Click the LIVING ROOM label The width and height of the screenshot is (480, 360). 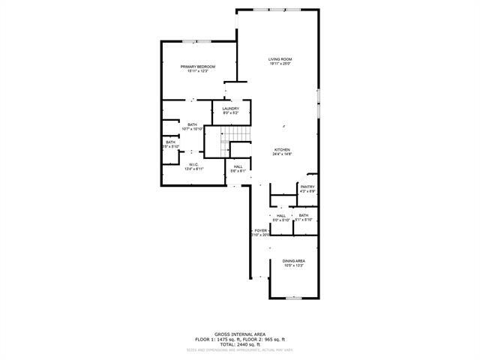point(280,59)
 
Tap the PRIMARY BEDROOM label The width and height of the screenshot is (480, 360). point(198,67)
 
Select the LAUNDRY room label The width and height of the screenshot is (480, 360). point(230,109)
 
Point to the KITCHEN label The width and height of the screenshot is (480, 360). point(282,149)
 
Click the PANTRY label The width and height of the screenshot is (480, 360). point(307,187)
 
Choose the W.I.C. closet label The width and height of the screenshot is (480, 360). point(193,165)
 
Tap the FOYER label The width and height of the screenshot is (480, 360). point(260,230)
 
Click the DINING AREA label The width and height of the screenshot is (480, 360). point(293,261)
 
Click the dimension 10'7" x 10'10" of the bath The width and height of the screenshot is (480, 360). point(193,129)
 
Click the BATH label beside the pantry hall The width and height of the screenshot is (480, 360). point(303,215)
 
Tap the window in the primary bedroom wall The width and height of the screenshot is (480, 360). point(196,41)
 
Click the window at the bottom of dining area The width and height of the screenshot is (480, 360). point(293,298)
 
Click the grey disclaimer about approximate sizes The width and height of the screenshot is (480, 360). point(239,349)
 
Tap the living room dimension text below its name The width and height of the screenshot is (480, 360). point(280,64)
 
